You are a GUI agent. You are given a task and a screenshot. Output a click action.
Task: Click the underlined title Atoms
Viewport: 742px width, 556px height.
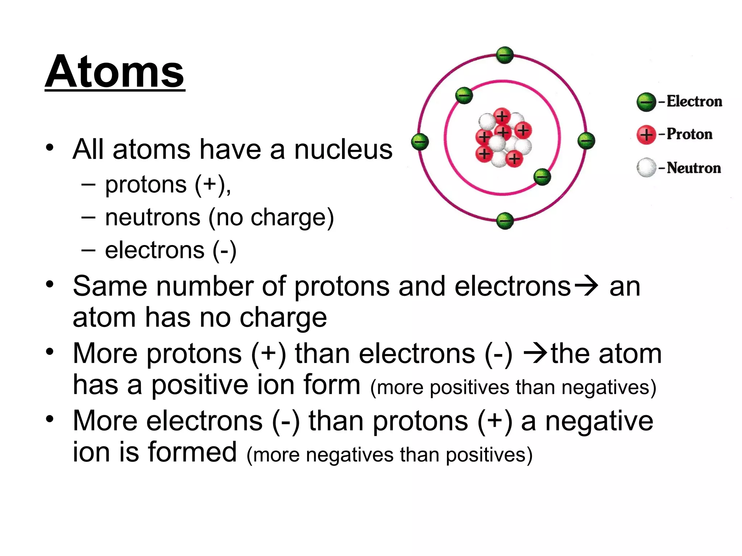pyautogui.click(x=114, y=72)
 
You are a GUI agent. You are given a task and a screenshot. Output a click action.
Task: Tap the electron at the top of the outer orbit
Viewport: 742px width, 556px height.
pyautogui.click(x=505, y=55)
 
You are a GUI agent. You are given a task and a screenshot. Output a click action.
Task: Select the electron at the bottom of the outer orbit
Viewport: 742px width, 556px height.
pyautogui.click(x=505, y=220)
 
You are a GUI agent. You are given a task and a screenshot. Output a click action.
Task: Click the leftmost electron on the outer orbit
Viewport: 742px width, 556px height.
pyautogui.click(x=420, y=141)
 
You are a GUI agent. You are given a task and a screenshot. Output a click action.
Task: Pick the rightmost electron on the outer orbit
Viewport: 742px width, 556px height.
pyautogui.click(x=586, y=140)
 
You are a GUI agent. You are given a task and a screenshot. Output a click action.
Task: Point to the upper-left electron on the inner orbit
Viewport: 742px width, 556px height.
pyautogui.click(x=464, y=96)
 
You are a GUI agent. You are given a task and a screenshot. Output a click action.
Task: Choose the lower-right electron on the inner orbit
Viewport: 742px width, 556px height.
pyautogui.click(x=542, y=177)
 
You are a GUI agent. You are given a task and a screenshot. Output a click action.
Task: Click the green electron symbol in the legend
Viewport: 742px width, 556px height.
pyautogui.click(x=646, y=102)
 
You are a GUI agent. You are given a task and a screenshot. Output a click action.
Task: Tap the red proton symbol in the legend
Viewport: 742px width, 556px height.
pyautogui.click(x=646, y=135)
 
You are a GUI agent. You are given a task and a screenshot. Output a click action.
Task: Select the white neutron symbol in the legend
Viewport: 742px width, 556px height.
pyautogui.click(x=646, y=168)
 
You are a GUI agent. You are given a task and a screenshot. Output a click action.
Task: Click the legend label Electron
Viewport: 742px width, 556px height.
pyautogui.click(x=694, y=101)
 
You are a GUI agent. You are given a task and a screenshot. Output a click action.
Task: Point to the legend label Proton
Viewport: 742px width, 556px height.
pyautogui.click(x=689, y=134)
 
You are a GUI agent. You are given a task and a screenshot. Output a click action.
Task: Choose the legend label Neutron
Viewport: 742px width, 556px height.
pyautogui.click(x=694, y=168)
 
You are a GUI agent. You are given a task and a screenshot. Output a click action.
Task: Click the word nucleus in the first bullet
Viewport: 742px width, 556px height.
pyautogui.click(x=343, y=149)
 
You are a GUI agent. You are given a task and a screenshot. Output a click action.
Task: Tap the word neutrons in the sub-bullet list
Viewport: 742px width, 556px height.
pyautogui.click(x=153, y=217)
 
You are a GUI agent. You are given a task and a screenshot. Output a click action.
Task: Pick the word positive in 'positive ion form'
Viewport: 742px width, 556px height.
pyautogui.click(x=199, y=385)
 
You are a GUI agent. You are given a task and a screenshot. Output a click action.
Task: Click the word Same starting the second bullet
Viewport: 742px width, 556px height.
pyautogui.click(x=110, y=286)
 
